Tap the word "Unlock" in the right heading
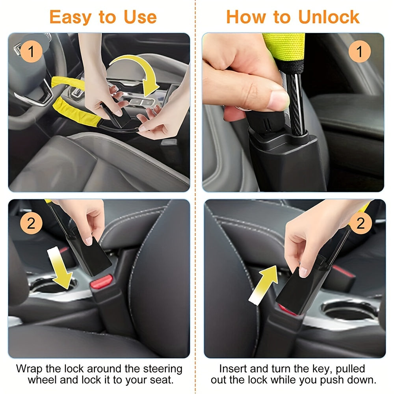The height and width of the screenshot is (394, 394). click(x=329, y=17)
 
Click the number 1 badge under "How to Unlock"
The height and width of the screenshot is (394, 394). click(x=359, y=51)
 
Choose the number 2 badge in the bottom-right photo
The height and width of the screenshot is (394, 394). click(x=360, y=223)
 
